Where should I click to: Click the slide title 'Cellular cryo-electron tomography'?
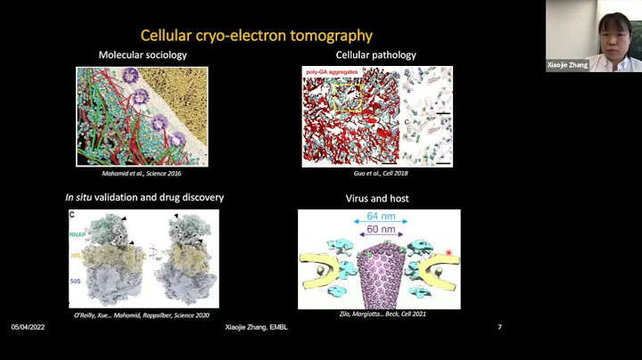(256, 36)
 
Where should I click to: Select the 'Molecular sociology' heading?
(142, 55)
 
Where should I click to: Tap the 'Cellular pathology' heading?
(375, 55)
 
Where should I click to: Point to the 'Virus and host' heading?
(378, 199)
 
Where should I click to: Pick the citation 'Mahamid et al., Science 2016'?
(142, 173)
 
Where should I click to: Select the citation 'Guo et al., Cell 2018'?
(376, 173)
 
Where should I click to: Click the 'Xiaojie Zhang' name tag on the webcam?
(567, 65)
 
